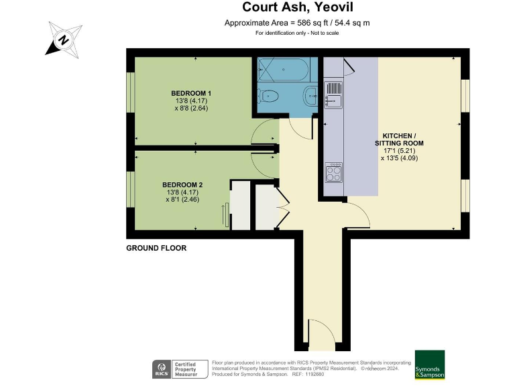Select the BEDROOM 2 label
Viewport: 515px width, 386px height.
[x=182, y=184]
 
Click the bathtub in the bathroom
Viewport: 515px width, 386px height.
[x=282, y=71]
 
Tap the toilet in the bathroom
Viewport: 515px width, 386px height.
[x=268, y=95]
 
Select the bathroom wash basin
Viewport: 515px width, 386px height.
[x=310, y=95]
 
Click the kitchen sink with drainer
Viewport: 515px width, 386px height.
[x=333, y=93]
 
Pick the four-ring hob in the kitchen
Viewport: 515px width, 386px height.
[x=333, y=173]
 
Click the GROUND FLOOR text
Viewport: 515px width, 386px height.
[x=156, y=248]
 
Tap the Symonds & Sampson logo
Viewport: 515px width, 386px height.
[x=429, y=365]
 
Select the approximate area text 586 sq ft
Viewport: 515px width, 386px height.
[x=297, y=23]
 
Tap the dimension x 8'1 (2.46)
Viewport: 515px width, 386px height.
[x=182, y=199]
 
